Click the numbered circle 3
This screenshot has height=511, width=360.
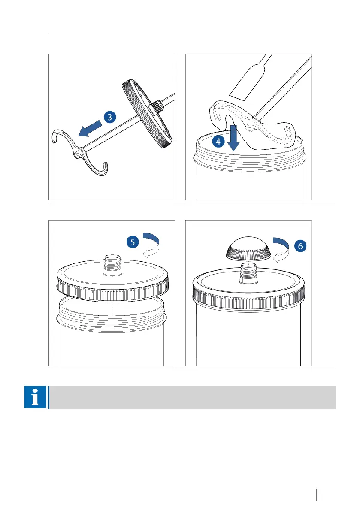click(x=110, y=117)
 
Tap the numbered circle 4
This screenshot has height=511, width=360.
click(x=218, y=142)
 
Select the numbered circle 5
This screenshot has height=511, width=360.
click(x=133, y=242)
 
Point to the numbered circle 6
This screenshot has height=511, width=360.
click(x=300, y=246)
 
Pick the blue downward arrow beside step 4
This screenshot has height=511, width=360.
click(x=233, y=138)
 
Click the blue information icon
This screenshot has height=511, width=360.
click(x=35, y=397)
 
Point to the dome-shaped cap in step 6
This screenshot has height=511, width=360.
click(x=248, y=249)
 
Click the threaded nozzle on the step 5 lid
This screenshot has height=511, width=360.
click(x=112, y=265)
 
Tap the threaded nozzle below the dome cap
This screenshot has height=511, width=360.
click(x=248, y=273)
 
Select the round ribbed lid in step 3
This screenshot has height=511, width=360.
click(x=147, y=114)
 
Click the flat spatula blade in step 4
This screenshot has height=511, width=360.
click(x=249, y=80)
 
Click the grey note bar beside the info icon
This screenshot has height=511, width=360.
click(x=192, y=397)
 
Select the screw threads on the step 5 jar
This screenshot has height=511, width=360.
click(x=112, y=321)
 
